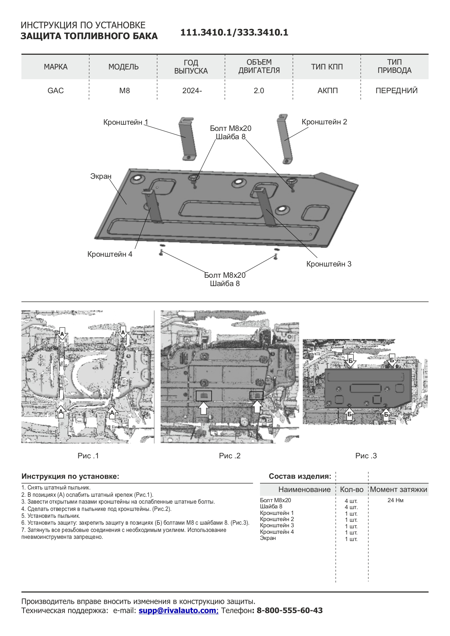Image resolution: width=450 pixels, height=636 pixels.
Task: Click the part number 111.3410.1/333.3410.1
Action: (234, 33)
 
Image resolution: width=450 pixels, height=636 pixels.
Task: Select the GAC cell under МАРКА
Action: (55, 91)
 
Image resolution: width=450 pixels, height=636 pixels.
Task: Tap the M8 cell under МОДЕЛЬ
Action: (124, 91)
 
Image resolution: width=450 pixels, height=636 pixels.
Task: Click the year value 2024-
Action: (192, 91)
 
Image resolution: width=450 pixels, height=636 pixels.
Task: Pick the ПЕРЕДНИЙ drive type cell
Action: (396, 91)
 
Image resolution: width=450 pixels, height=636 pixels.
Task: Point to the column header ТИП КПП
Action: (327, 67)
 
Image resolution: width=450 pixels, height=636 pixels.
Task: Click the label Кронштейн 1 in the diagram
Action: (125, 122)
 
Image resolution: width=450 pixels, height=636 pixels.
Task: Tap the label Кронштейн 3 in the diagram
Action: (329, 264)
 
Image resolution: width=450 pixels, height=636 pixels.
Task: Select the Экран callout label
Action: (101, 176)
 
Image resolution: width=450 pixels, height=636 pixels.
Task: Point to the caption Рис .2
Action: (230, 456)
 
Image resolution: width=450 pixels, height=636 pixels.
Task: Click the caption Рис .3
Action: (366, 456)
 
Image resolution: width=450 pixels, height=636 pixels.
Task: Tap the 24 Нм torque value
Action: (395, 500)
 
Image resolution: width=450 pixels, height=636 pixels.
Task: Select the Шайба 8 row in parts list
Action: (271, 507)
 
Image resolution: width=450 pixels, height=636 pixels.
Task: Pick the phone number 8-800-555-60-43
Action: (289, 610)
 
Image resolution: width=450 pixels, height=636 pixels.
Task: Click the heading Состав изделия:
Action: (300, 476)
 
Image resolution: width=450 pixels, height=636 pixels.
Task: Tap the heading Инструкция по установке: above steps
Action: (70, 476)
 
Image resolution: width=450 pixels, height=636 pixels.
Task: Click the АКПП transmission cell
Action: (327, 91)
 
